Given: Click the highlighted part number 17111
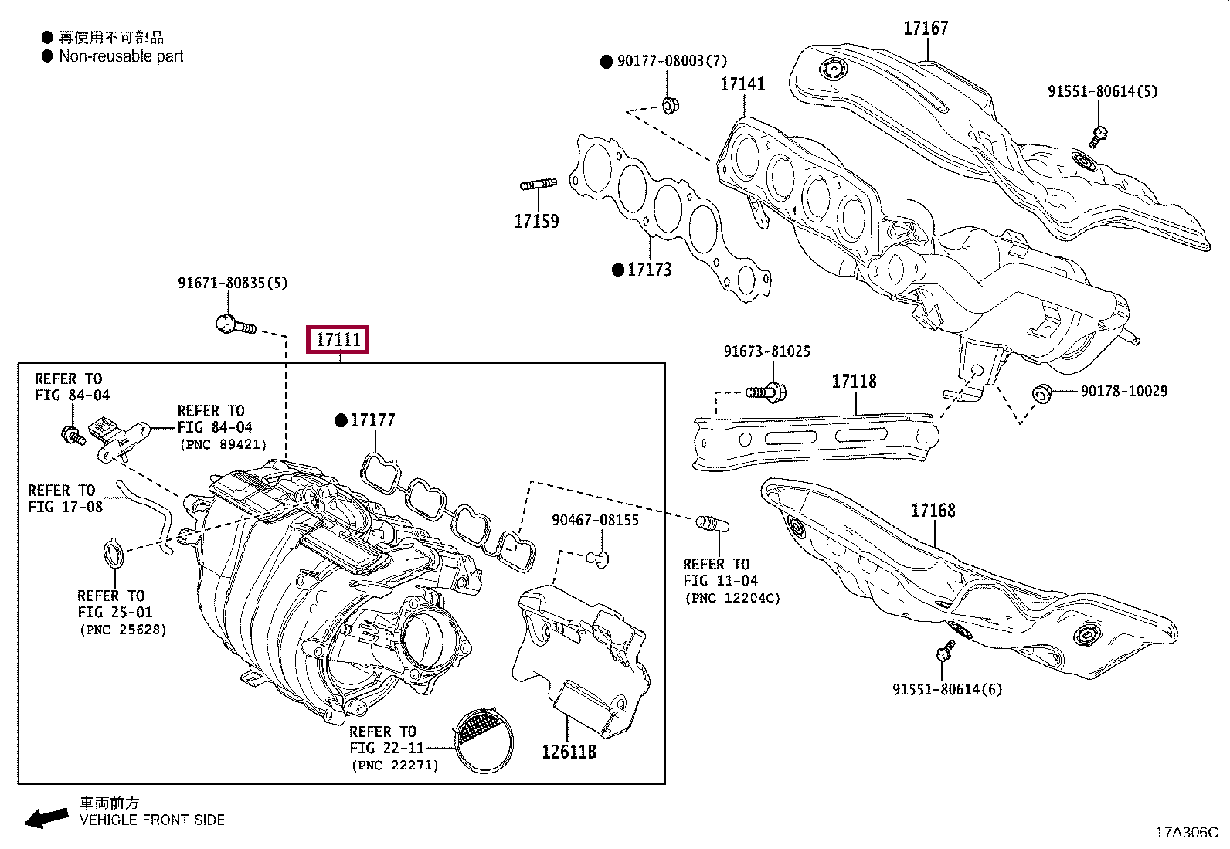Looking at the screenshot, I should coord(338,339).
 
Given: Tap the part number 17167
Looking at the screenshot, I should coord(926,29).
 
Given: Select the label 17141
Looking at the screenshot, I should coord(742,83).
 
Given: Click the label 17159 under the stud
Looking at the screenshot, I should coord(536,222).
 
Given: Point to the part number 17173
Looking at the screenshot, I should coord(649,270).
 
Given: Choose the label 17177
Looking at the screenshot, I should coord(372,420).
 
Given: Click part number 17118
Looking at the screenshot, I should coord(854,382).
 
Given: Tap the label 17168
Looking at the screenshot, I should coord(933,511).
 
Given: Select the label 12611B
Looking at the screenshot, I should coord(569,750).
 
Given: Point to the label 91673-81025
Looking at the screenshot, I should coord(766,351).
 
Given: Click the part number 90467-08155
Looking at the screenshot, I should coord(595,520).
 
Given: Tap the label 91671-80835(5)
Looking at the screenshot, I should coord(232,283).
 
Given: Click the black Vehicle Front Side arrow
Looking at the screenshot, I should coord(46,817).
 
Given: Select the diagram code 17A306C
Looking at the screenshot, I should coord(1186,832).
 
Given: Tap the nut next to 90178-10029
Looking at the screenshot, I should coord(1041,394).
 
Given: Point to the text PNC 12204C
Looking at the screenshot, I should coord(732,598).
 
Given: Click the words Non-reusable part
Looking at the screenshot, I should coord(121,56).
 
